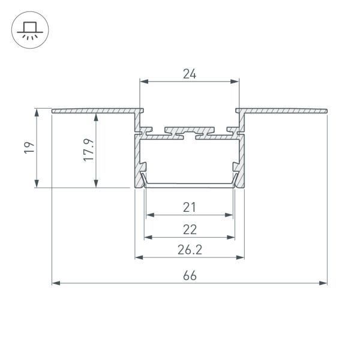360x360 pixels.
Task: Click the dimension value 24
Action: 190,74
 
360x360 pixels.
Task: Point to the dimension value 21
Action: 190,208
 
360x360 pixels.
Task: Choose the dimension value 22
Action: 190,230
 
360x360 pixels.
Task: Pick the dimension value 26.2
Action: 190,251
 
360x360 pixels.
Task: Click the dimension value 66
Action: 190,275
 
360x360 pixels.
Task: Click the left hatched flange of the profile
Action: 96,111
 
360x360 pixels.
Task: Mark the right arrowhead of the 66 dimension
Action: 324,282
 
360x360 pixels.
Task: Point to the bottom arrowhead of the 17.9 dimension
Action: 95,185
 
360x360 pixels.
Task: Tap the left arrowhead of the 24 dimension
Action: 143,81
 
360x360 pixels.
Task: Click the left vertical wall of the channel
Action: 137,159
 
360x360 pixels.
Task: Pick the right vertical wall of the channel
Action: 242,159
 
